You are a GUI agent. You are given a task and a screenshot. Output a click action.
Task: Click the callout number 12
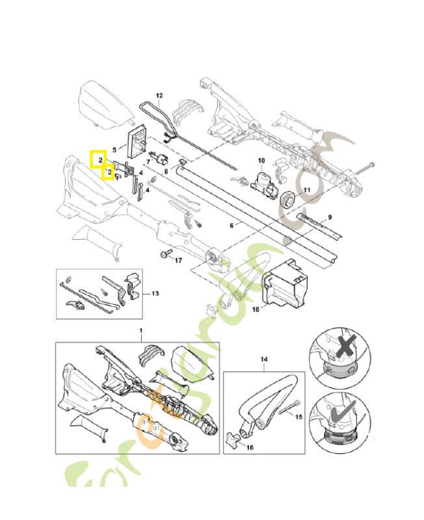pyautogui.click(x=159, y=96)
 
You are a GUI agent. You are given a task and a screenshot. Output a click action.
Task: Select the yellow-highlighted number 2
pyautogui.click(x=99, y=159)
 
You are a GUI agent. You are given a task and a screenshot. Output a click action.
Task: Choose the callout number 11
pyautogui.click(x=307, y=190)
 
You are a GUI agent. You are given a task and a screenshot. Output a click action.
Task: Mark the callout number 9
pyautogui.click(x=330, y=216)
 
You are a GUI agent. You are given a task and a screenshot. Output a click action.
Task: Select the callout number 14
pyautogui.click(x=264, y=358)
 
